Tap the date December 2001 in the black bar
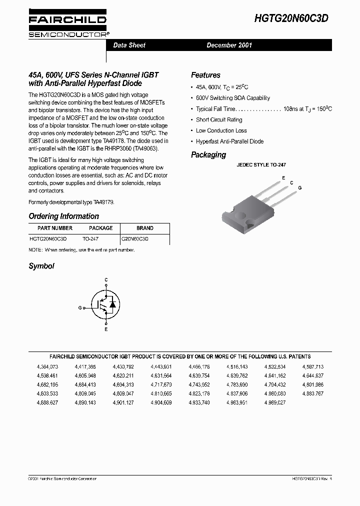click(229, 45)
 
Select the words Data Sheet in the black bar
click(129, 45)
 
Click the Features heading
click(205, 75)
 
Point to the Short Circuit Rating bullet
click(218, 120)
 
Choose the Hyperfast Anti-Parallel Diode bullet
click(229, 141)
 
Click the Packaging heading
click(208, 155)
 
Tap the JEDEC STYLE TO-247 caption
click(261, 164)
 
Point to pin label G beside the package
click(299, 187)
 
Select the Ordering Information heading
click(63, 216)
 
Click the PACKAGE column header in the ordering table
click(101, 228)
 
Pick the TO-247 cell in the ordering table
click(90, 239)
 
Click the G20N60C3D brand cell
click(135, 239)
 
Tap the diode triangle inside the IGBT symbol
click(112, 303)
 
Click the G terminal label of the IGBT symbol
click(80, 308)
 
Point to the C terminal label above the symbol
click(106, 280)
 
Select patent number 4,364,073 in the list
click(47, 366)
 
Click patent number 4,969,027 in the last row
click(275, 402)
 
